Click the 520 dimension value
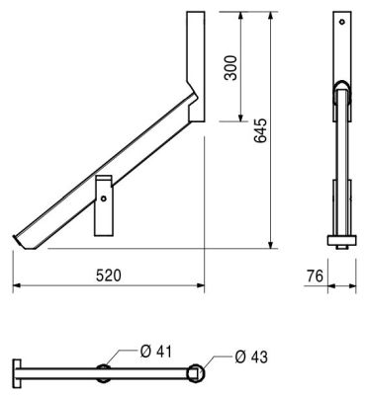[x=109, y=276]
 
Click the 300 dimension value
[x=230, y=68]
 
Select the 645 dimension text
[x=260, y=130]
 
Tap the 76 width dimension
[x=315, y=276]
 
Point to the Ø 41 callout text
[x=156, y=352]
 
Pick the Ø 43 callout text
[x=251, y=356]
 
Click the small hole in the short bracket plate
[x=104, y=198]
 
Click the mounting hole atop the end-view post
[x=342, y=22]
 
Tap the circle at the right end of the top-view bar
[x=196, y=373]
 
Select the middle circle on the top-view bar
[x=104, y=373]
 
